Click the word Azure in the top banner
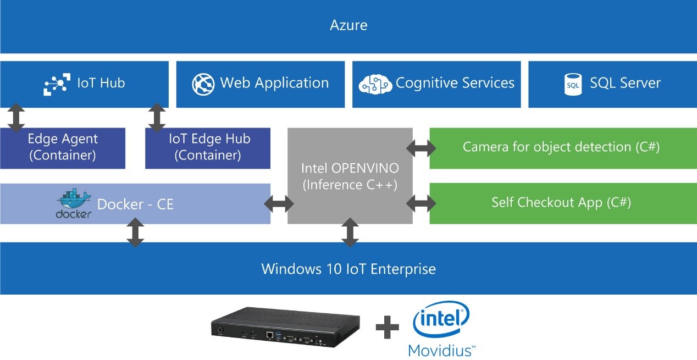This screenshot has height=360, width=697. coord(348,25)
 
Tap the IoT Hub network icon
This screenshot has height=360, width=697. coord(57,84)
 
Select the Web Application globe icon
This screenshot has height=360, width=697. coord(203,84)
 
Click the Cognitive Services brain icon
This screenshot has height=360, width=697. coord(375,84)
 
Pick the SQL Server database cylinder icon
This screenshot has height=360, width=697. coord(573,84)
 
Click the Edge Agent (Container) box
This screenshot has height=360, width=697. coord(63,148)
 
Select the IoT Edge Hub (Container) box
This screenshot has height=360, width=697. coord(208,148)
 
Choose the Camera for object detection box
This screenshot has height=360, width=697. coord(563,148)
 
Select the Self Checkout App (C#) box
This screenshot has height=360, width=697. coord(563,203)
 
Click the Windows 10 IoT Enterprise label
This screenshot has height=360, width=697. coord(348,269)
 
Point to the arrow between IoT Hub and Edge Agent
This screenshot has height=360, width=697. coord(16,118)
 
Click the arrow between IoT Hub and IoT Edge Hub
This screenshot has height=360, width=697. coord(157,118)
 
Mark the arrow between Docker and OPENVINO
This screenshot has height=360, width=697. coord(279,204)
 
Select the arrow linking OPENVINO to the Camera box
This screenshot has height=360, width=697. coord(421,148)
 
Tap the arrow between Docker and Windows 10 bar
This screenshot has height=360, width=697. coord(135,232)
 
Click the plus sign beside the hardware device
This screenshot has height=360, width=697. coord(387,327)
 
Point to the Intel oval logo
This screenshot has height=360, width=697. coord(441,319)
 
